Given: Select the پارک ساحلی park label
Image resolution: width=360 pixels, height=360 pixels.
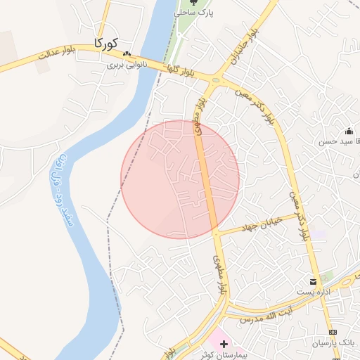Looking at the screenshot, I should (195, 13).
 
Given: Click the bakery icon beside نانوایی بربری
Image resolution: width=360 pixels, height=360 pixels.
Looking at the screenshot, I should (127, 54).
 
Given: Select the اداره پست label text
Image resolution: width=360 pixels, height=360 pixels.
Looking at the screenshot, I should (307, 292).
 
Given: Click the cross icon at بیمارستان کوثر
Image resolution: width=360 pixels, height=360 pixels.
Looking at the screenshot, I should (224, 344).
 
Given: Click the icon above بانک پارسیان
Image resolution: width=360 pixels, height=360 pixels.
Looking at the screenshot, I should (333, 332).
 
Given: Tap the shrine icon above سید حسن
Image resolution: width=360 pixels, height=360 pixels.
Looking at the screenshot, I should (349, 131).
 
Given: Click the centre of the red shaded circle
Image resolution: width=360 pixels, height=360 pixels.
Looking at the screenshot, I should (180, 180).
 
